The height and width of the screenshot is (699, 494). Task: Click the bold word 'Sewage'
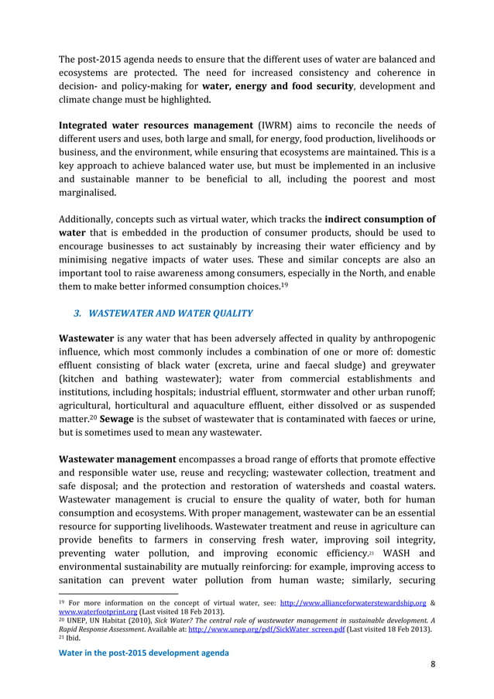119,419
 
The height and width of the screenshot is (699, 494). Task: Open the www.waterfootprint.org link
92,611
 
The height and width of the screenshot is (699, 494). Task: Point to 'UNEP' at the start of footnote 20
78,619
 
